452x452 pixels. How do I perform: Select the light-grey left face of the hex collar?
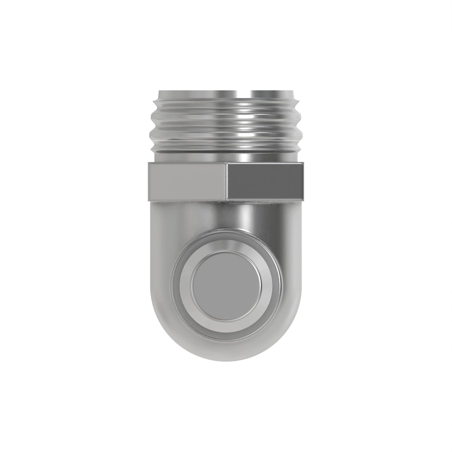188,181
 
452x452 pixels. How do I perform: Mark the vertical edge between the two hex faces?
227,181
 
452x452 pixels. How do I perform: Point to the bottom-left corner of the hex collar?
149,199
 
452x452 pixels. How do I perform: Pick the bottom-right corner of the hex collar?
302,199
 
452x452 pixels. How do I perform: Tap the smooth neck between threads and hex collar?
226,156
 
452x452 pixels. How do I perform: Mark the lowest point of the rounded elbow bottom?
226,360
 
